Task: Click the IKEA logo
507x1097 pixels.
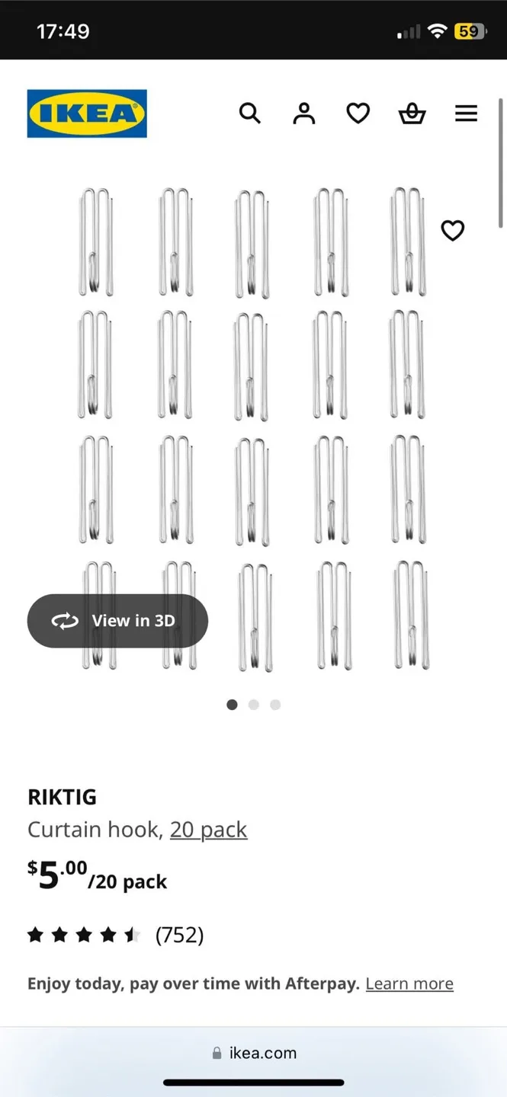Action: click(x=87, y=114)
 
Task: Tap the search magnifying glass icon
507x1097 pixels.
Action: click(x=249, y=114)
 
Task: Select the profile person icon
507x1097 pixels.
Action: click(x=303, y=114)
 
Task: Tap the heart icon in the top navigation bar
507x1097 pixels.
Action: click(x=358, y=114)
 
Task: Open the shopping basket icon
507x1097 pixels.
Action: click(x=412, y=114)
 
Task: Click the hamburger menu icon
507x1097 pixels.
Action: click(x=466, y=114)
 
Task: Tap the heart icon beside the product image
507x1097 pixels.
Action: click(x=452, y=230)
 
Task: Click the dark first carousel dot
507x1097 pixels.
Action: click(x=232, y=705)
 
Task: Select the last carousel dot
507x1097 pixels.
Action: click(x=275, y=705)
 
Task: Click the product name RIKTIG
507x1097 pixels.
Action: click(x=62, y=797)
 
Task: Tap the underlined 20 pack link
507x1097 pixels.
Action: click(x=208, y=830)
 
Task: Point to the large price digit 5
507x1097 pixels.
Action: click(x=48, y=876)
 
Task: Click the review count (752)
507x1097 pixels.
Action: click(x=179, y=935)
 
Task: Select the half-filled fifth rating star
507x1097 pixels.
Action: click(x=133, y=935)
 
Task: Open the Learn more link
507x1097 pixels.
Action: click(x=409, y=983)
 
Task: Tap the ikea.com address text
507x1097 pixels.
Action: click(x=262, y=1053)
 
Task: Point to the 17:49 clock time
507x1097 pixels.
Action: click(x=63, y=31)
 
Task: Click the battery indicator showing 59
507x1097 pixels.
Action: click(x=468, y=31)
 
